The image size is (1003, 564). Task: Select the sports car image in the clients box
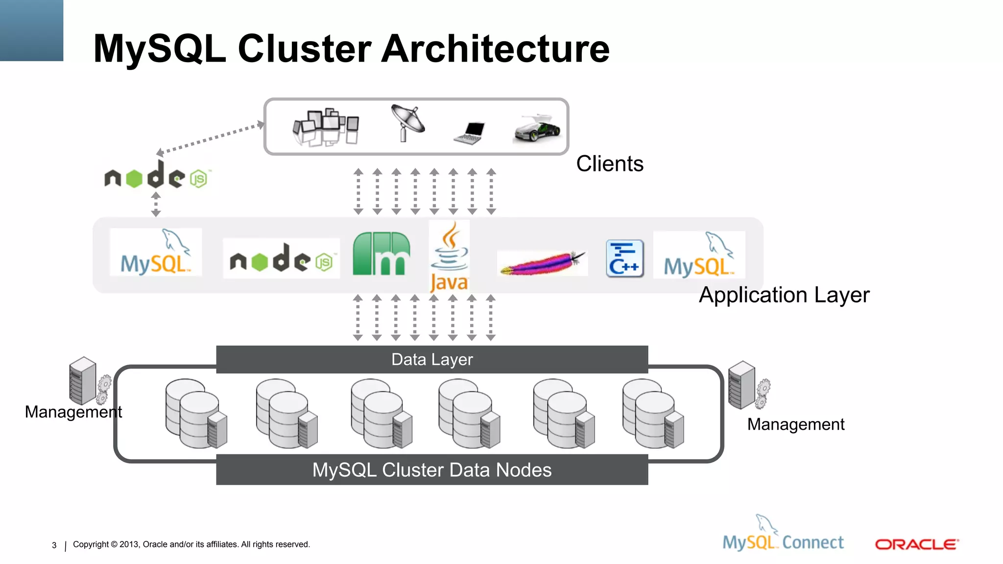[537, 129]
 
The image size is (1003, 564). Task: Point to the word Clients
[609, 164]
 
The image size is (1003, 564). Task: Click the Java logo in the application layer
[449, 257]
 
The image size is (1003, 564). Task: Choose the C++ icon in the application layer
[624, 258]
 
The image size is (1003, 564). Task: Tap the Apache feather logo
[543, 263]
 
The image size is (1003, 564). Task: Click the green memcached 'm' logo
[382, 254]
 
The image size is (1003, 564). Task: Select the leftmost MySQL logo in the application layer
[156, 253]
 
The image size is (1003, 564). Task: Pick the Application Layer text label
[784, 295]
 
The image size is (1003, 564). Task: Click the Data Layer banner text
[432, 359]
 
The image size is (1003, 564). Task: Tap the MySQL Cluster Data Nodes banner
[432, 470]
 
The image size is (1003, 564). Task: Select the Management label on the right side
[795, 424]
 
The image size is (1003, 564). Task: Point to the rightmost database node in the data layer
[653, 414]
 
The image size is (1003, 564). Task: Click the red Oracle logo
[916, 544]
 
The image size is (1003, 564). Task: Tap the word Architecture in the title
[495, 49]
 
